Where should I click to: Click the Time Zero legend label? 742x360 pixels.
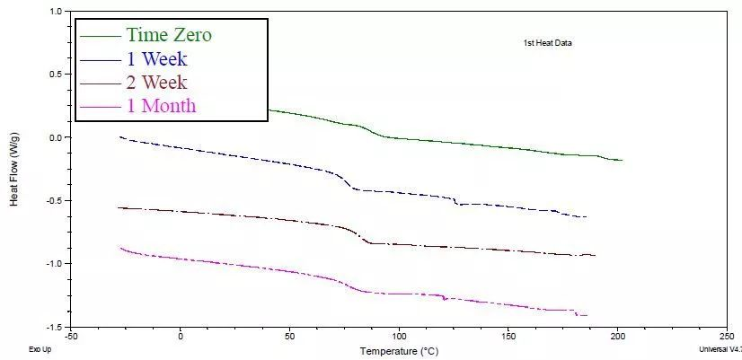pyautogui.click(x=169, y=36)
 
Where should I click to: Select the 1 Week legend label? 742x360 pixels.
pyautogui.click(x=156, y=60)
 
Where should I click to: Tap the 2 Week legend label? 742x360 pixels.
pyautogui.click(x=156, y=83)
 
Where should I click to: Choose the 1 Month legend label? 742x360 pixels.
pyautogui.click(x=161, y=107)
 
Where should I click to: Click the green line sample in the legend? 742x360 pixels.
pyautogui.click(x=100, y=37)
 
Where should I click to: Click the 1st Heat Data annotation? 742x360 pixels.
pyautogui.click(x=548, y=42)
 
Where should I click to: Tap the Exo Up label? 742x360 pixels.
pyautogui.click(x=40, y=350)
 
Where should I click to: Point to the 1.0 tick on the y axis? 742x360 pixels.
pyautogui.click(x=57, y=12)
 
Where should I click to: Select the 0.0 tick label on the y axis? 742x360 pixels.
pyautogui.click(x=56, y=137)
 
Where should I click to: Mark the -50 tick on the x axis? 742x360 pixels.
pyautogui.click(x=72, y=337)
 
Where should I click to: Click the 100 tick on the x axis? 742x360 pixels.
pyautogui.click(x=400, y=337)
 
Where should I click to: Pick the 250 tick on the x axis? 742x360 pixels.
pyautogui.click(x=727, y=337)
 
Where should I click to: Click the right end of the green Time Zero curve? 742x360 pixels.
pyautogui.click(x=622, y=160)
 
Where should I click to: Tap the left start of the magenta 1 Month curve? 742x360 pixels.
pyautogui.click(x=119, y=248)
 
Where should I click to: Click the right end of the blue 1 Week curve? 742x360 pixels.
pyautogui.click(x=586, y=217)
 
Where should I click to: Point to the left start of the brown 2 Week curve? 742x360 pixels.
pyautogui.click(x=119, y=207)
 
